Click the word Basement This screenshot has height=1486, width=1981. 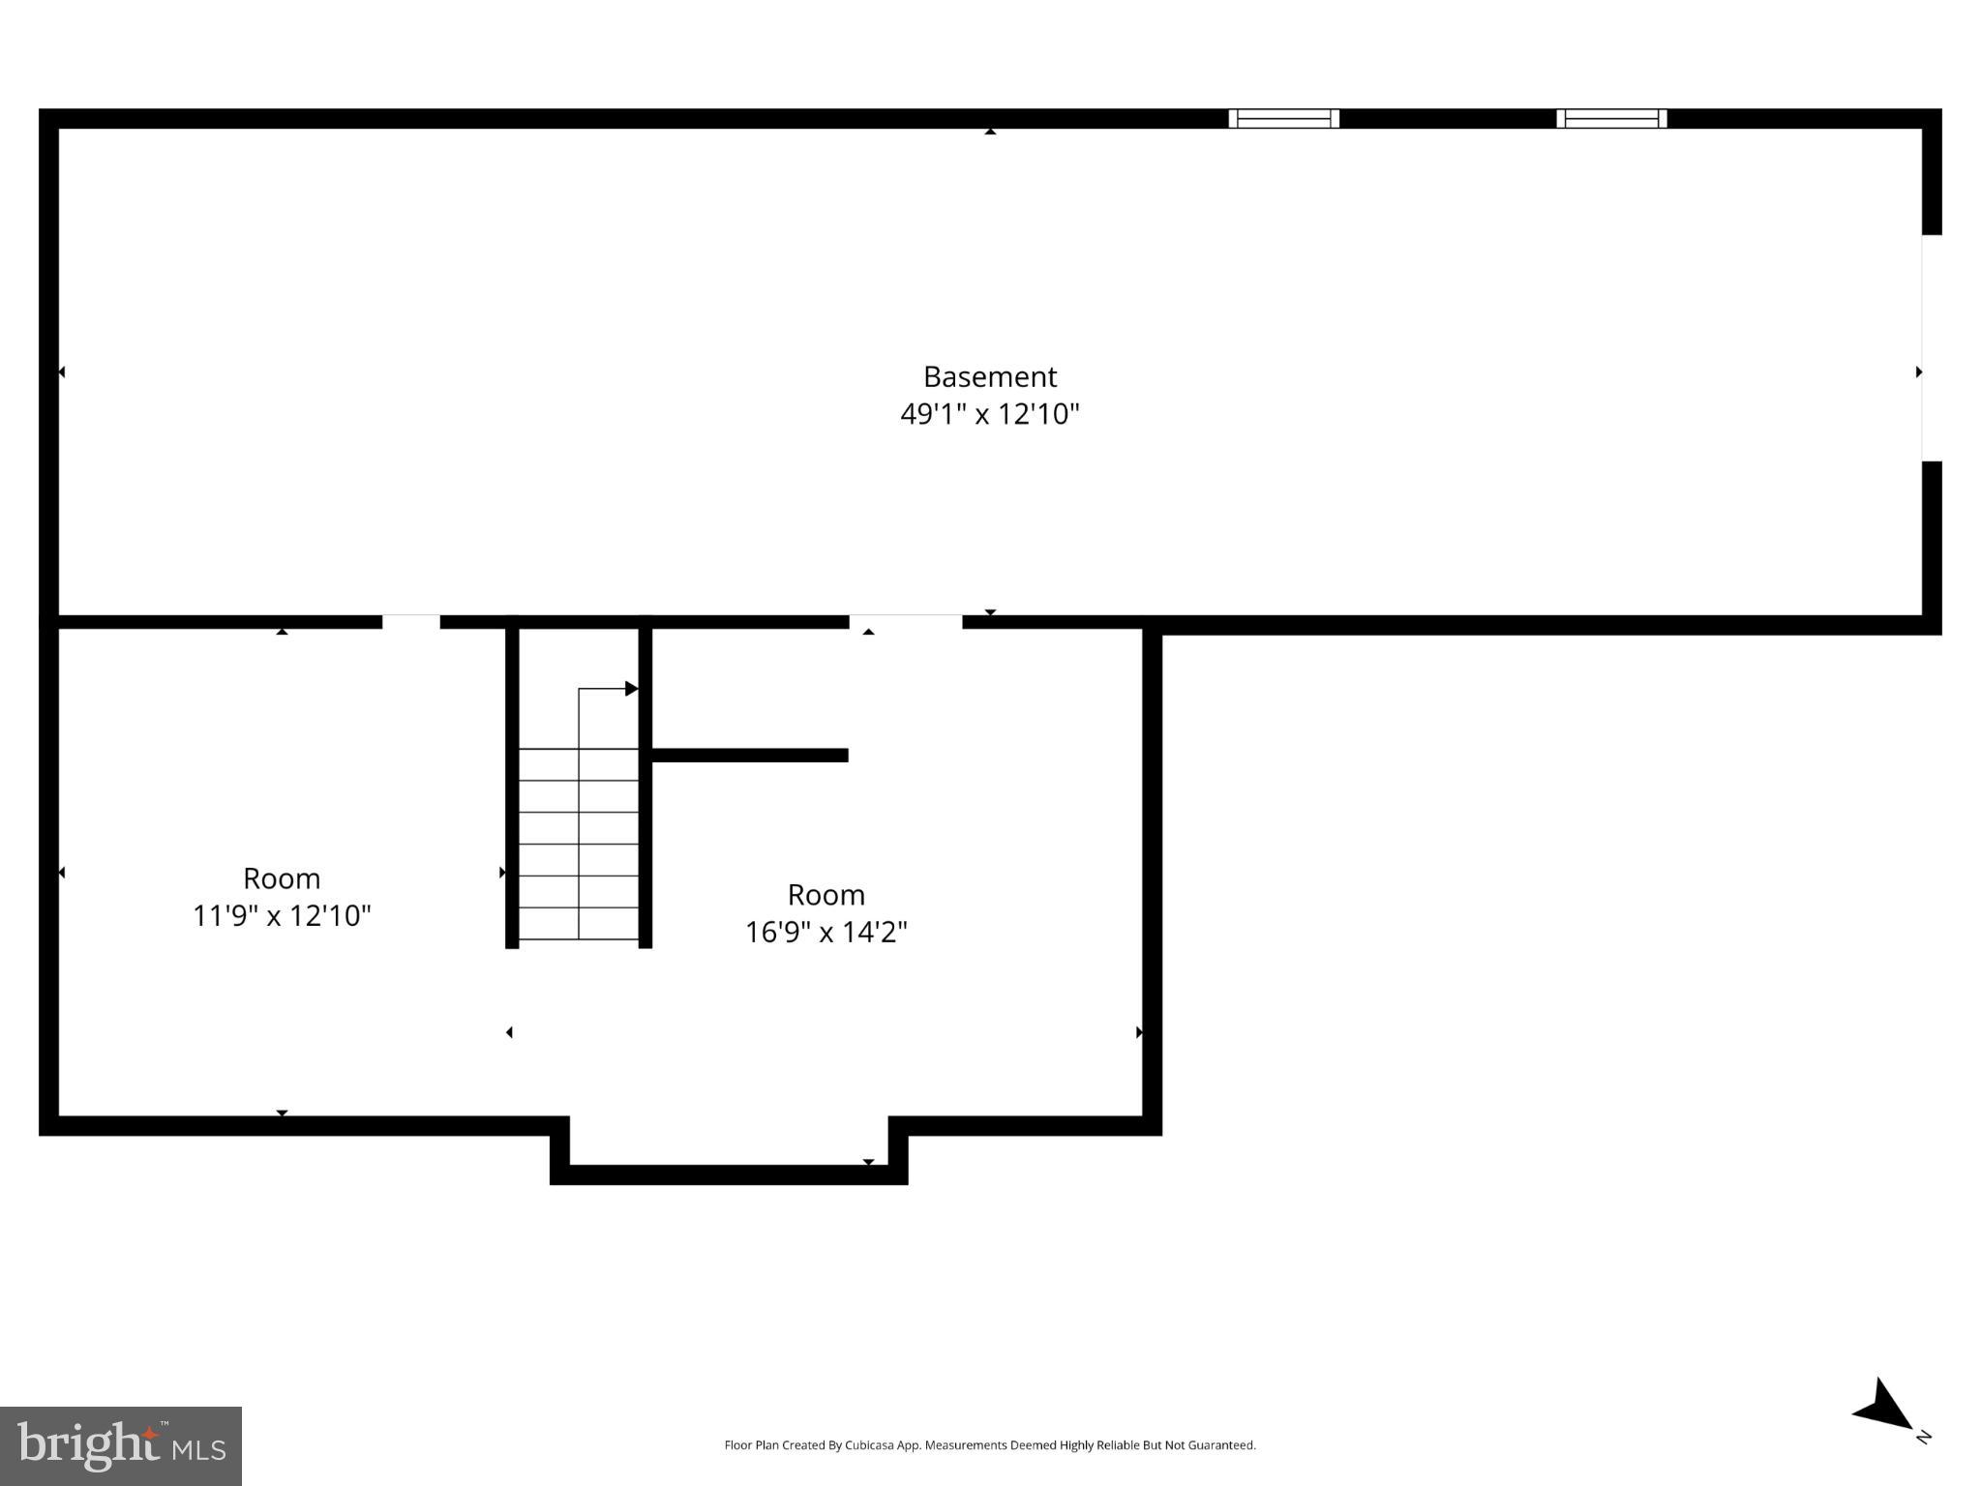pyautogui.click(x=989, y=376)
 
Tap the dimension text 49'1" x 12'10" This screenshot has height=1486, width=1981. pyautogui.click(x=989, y=414)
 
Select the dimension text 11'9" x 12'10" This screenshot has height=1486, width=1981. pyautogui.click(x=282, y=915)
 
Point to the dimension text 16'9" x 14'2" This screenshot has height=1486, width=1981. pyautogui.click(x=825, y=932)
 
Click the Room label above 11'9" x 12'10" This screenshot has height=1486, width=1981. pyautogui.click(x=282, y=878)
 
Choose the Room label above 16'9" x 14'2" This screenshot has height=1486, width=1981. pyautogui.click(x=825, y=895)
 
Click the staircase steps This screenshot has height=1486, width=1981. pyautogui.click(x=579, y=844)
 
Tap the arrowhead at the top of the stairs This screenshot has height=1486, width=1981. pyautogui.click(x=631, y=689)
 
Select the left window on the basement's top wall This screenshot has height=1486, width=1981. pyautogui.click(x=1283, y=119)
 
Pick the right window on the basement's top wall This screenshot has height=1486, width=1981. pyautogui.click(x=1611, y=119)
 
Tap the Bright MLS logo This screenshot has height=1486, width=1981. pyautogui.click(x=121, y=1445)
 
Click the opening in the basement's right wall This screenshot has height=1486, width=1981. pyautogui.click(x=1931, y=348)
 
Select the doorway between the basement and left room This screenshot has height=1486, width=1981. pyautogui.click(x=411, y=622)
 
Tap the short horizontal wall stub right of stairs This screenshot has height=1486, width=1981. pyautogui.click(x=750, y=756)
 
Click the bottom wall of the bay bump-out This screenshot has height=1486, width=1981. pyautogui.click(x=729, y=1175)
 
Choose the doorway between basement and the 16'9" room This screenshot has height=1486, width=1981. pyautogui.click(x=906, y=622)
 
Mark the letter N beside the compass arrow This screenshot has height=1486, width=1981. pyautogui.click(x=1923, y=1437)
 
